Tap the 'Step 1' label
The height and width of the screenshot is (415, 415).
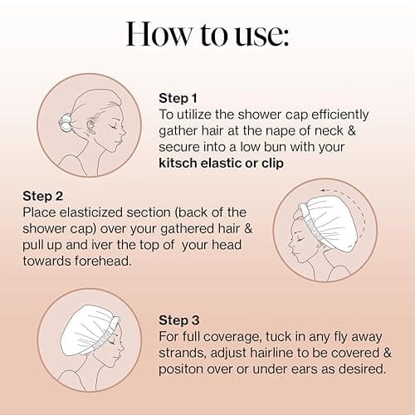coord(178,97)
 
